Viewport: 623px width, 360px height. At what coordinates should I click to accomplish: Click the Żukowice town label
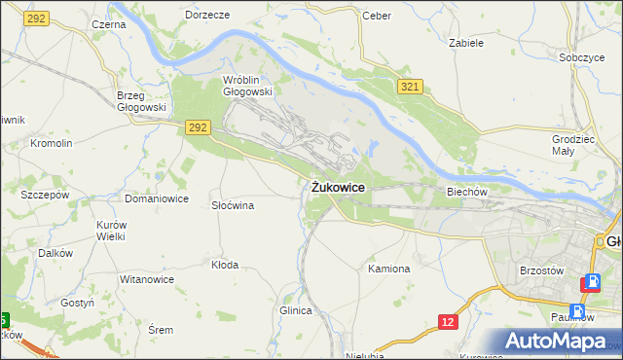click(x=339, y=187)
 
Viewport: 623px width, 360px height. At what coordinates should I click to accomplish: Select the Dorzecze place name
click(x=206, y=16)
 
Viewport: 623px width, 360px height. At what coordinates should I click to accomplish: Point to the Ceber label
click(x=376, y=16)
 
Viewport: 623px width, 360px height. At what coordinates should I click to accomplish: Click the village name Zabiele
click(x=465, y=43)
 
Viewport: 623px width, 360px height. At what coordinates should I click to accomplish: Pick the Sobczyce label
click(x=582, y=57)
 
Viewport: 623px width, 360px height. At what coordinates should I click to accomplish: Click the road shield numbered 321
click(x=409, y=88)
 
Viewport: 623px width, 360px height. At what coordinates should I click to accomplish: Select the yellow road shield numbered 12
click(x=447, y=321)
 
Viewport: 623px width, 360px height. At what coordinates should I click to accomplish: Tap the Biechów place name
click(x=466, y=192)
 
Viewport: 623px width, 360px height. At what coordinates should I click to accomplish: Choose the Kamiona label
click(x=389, y=268)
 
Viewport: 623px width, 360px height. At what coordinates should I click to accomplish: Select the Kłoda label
click(x=225, y=264)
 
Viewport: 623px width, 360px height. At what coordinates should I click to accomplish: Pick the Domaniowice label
click(x=156, y=198)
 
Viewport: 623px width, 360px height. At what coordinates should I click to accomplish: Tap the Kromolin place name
click(x=52, y=143)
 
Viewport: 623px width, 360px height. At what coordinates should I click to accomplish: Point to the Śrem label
click(x=160, y=330)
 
